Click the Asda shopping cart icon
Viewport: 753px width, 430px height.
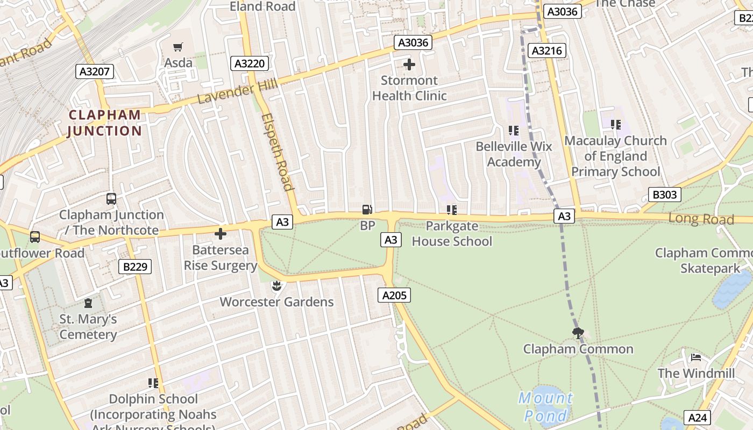coord(178,47)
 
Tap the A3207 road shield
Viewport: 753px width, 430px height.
coord(95,71)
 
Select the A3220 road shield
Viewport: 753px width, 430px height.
coord(250,64)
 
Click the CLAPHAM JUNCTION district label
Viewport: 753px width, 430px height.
coord(105,123)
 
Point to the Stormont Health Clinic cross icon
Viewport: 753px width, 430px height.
coord(409,65)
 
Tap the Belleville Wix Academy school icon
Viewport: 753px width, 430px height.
coord(514,131)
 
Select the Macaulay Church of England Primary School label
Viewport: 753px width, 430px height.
coord(615,156)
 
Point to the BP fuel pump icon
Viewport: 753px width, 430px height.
coord(367,210)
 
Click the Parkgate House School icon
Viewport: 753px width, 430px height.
coord(452,210)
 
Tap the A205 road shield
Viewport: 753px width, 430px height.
coord(394,295)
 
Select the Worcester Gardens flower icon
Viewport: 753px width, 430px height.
coord(276,285)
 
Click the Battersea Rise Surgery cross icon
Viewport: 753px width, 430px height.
coord(221,234)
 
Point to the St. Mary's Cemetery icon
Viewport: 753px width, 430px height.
coord(88,303)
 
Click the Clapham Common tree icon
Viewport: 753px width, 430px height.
coord(578,333)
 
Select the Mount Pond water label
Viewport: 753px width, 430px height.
coord(545,406)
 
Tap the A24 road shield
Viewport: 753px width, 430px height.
coord(698,418)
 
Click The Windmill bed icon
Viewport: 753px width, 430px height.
coord(696,357)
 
